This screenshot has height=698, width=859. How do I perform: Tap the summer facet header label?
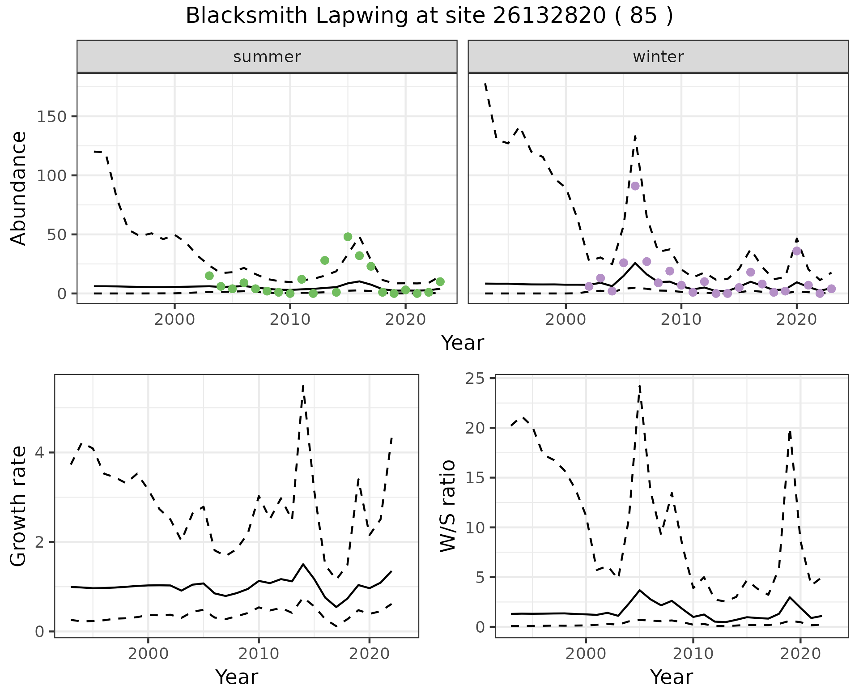click(267, 57)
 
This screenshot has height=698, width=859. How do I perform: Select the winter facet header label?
click(658, 57)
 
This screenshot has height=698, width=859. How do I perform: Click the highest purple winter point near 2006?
click(635, 186)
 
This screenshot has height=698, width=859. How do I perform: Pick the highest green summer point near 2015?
click(348, 237)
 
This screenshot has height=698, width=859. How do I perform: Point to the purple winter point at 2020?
click(796, 251)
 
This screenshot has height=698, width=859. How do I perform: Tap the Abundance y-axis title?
click(18, 188)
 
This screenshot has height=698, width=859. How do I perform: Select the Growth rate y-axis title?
click(18, 506)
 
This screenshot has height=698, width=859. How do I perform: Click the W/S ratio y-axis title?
click(448, 506)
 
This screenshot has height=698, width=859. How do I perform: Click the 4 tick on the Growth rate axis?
click(40, 453)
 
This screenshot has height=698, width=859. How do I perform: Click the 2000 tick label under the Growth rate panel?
click(148, 654)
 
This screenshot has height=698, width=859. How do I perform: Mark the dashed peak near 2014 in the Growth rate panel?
click(303, 385)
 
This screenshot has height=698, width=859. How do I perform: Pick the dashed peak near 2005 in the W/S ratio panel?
click(640, 384)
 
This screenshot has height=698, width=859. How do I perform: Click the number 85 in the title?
click(644, 16)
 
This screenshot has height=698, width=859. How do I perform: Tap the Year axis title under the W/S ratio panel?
click(672, 677)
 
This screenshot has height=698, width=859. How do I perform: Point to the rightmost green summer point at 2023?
click(440, 281)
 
